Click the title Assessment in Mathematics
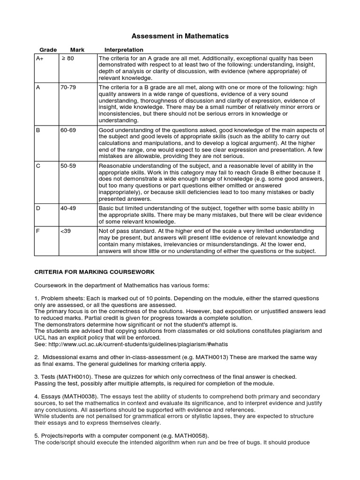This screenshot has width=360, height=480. [x=180, y=36]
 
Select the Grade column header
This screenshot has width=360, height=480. [x=48, y=50]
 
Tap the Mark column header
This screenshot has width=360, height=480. [x=77, y=50]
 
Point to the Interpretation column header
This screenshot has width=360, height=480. [x=124, y=50]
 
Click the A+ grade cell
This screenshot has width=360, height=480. [x=40, y=58]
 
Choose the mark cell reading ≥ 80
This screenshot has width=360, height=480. [x=67, y=58]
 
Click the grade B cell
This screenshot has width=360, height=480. [x=38, y=130]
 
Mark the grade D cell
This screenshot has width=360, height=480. [x=38, y=208]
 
